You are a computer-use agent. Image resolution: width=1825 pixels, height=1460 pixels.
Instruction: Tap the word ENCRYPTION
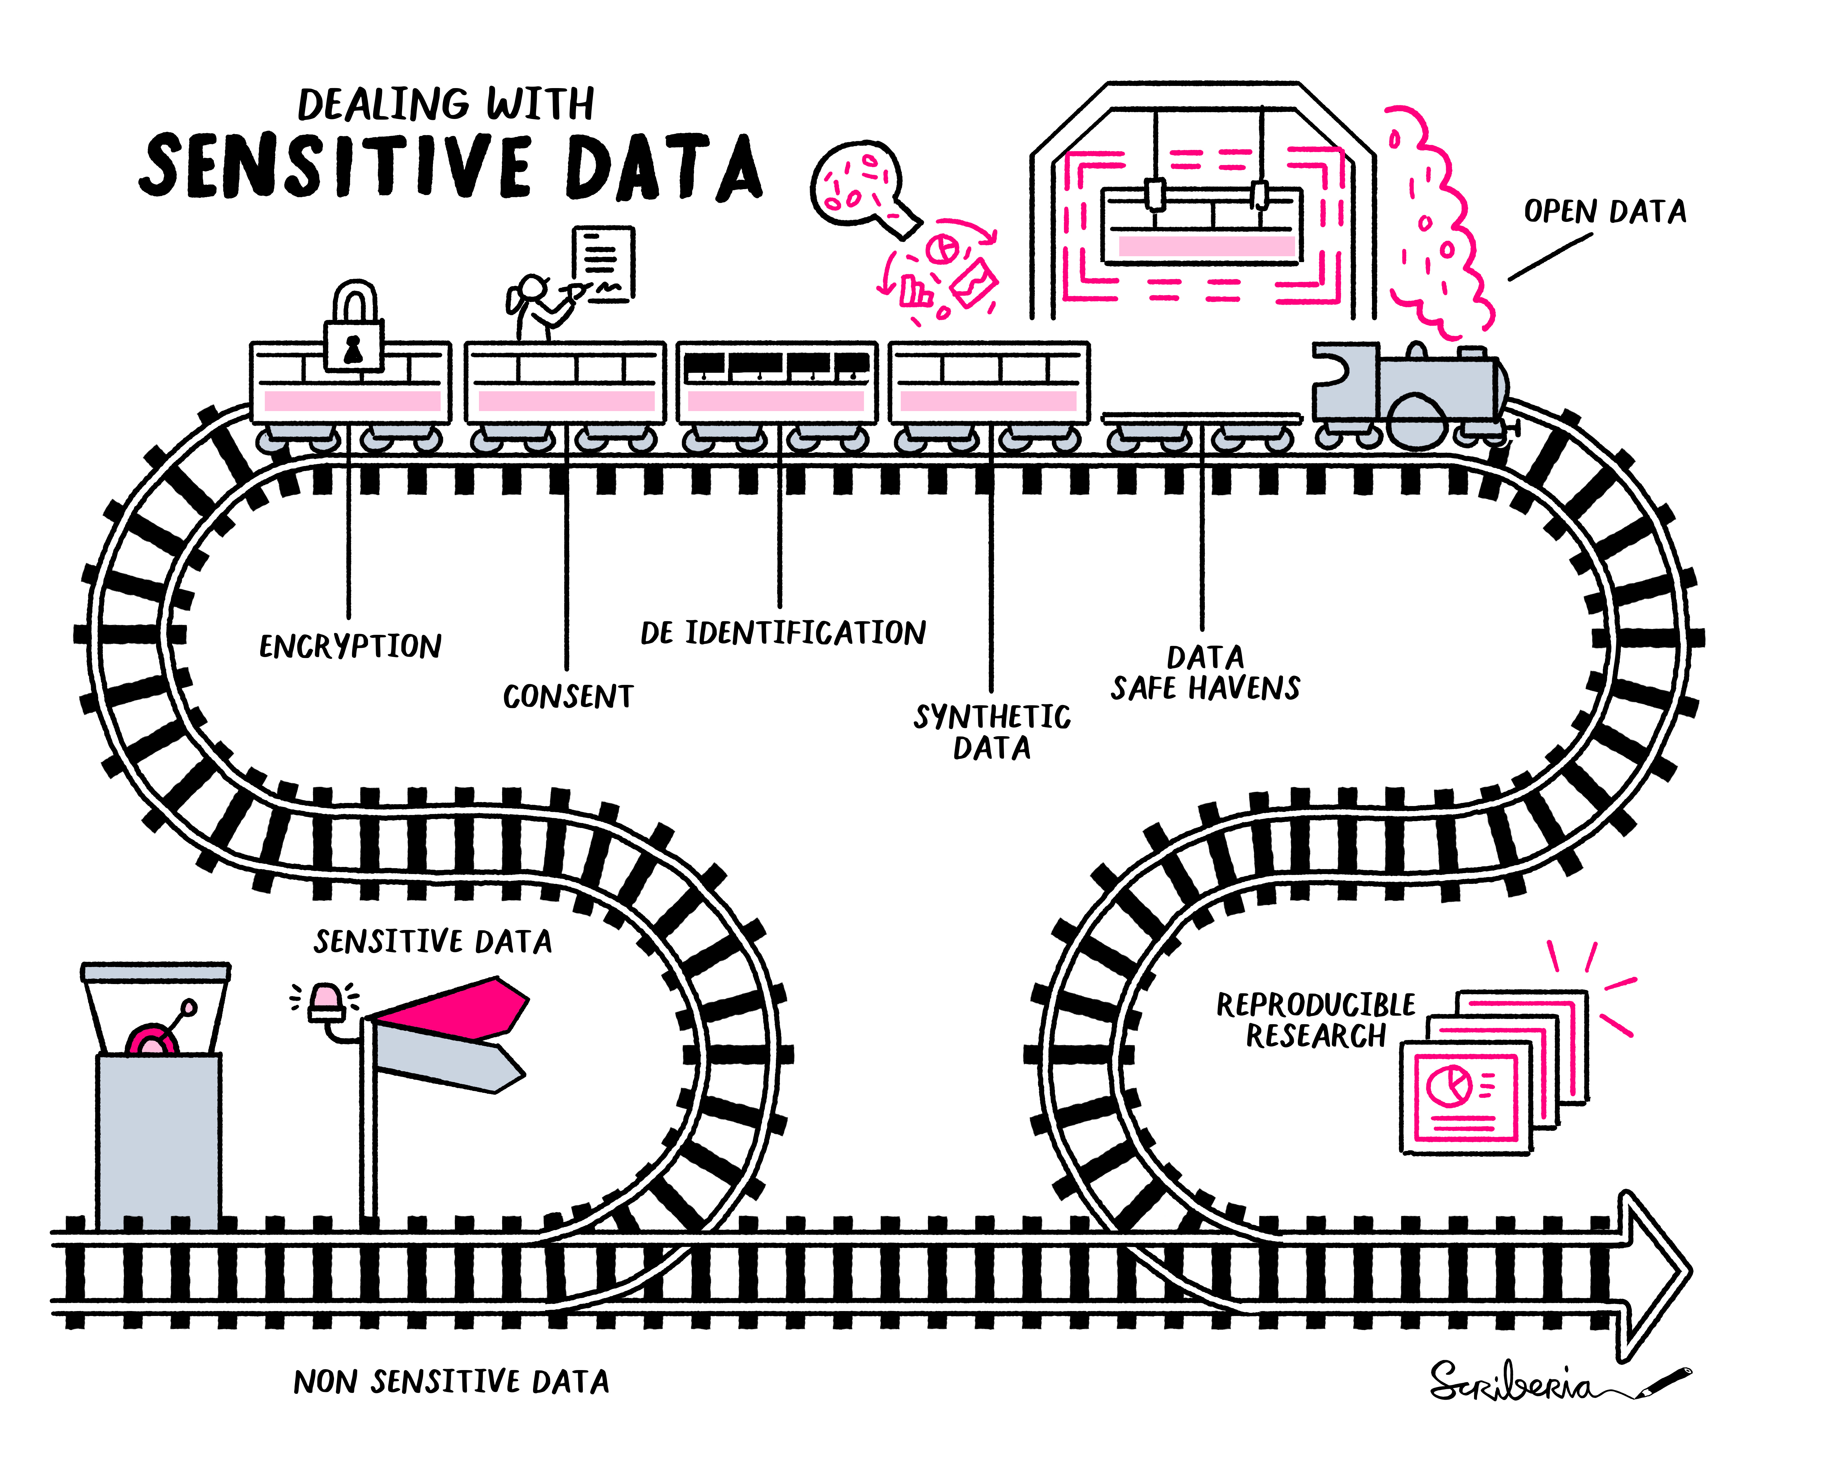click(349, 647)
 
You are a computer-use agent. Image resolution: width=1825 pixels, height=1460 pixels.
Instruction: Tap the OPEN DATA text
click(1604, 212)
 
